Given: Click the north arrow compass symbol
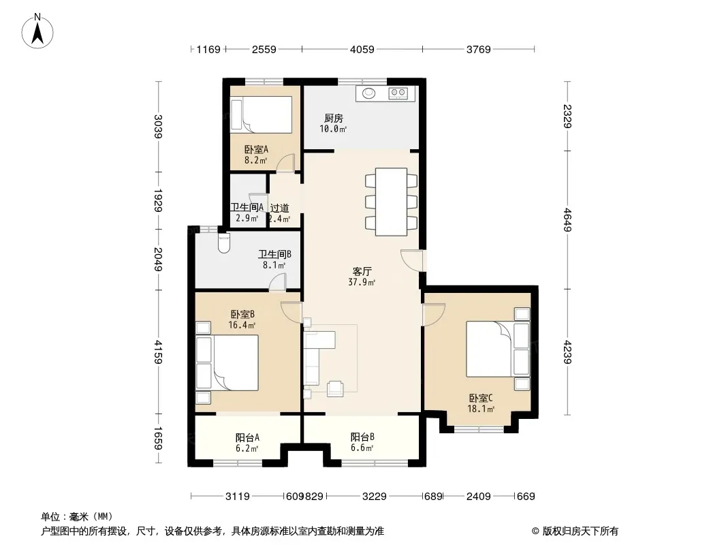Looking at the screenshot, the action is tap(37, 31).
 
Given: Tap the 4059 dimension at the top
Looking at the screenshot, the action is tap(362, 49).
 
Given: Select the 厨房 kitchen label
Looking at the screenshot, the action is tap(333, 118).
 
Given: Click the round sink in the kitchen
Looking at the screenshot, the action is tap(368, 93).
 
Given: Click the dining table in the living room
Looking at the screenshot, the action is tap(391, 202).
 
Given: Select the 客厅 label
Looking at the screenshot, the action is tap(362, 271).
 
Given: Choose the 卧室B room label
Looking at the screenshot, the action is tap(242, 315).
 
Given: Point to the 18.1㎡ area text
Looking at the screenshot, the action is tap(481, 409).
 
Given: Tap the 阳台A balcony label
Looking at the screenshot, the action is tap(247, 437).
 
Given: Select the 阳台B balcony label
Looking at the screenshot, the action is tap(362, 437).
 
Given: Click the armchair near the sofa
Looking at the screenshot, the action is tap(335, 388).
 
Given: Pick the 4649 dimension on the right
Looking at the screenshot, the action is tap(567, 220).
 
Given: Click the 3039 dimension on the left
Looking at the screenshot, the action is tap(159, 127).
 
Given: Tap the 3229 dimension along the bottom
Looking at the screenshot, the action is tap(374, 497).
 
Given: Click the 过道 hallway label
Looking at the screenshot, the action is tap(280, 208).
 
